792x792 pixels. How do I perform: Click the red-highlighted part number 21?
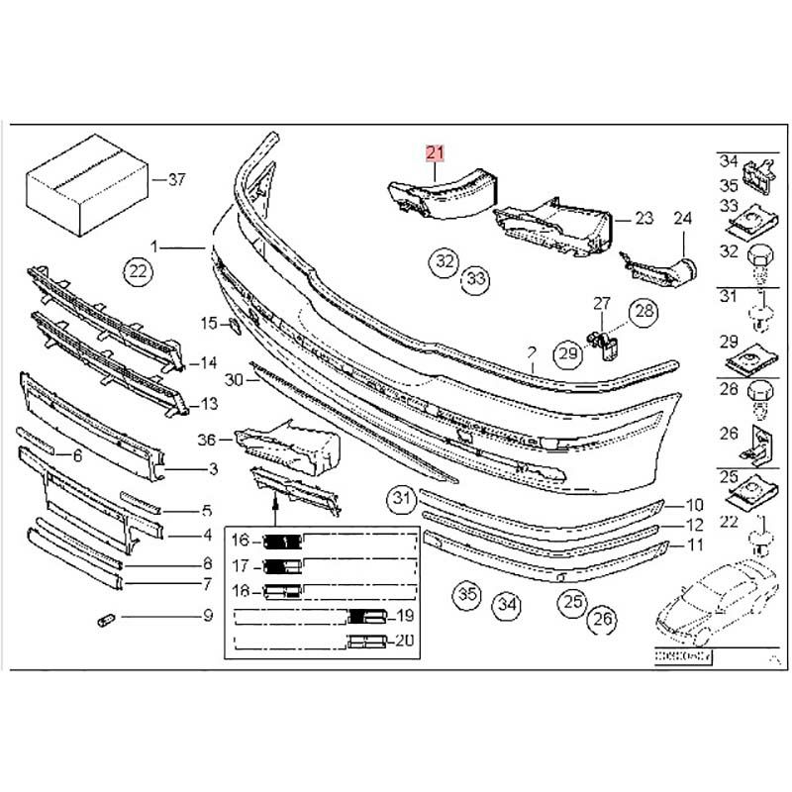[436, 152]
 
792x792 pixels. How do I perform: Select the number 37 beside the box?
[176, 180]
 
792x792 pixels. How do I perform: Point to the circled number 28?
[645, 313]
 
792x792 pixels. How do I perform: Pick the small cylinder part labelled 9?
[106, 620]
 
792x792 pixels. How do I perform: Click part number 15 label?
[208, 323]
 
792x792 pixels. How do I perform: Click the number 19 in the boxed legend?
[405, 617]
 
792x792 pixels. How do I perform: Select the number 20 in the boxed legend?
[405, 641]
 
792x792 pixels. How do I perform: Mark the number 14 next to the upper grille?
[208, 363]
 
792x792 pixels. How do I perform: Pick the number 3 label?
[213, 468]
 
